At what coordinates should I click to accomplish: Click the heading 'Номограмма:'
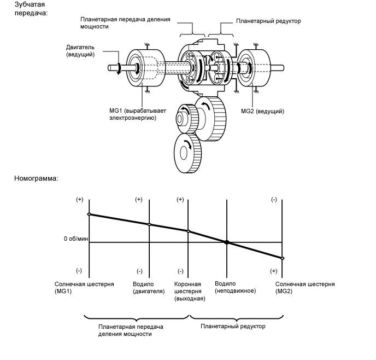pyautogui.click(x=37, y=178)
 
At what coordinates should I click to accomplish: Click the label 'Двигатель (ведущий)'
pyautogui.click(x=81, y=51)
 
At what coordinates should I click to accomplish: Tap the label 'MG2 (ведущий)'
pyautogui.click(x=262, y=111)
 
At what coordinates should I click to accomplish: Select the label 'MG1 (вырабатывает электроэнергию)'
pyautogui.click(x=133, y=114)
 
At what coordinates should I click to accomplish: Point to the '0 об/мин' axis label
pyautogui.click(x=75, y=239)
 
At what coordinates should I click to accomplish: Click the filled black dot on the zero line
pyautogui.click(x=226, y=242)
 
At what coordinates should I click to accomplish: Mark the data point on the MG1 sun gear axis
pyautogui.click(x=89, y=214)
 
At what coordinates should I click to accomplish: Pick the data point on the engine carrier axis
pyautogui.click(x=149, y=224)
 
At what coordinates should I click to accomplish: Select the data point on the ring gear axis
pyautogui.click(x=189, y=231)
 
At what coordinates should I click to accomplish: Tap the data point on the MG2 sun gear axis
pyautogui.click(x=283, y=258)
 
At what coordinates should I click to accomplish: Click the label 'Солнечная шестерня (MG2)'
pyautogui.click(x=304, y=287)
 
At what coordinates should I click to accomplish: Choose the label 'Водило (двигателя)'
pyautogui.click(x=149, y=287)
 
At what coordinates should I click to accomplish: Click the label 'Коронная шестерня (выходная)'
pyautogui.click(x=189, y=291)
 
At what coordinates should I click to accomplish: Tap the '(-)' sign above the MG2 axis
pyautogui.click(x=273, y=200)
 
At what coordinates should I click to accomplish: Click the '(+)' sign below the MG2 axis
pyautogui.click(x=273, y=271)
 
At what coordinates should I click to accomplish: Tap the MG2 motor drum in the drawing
pyautogui.click(x=253, y=68)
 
